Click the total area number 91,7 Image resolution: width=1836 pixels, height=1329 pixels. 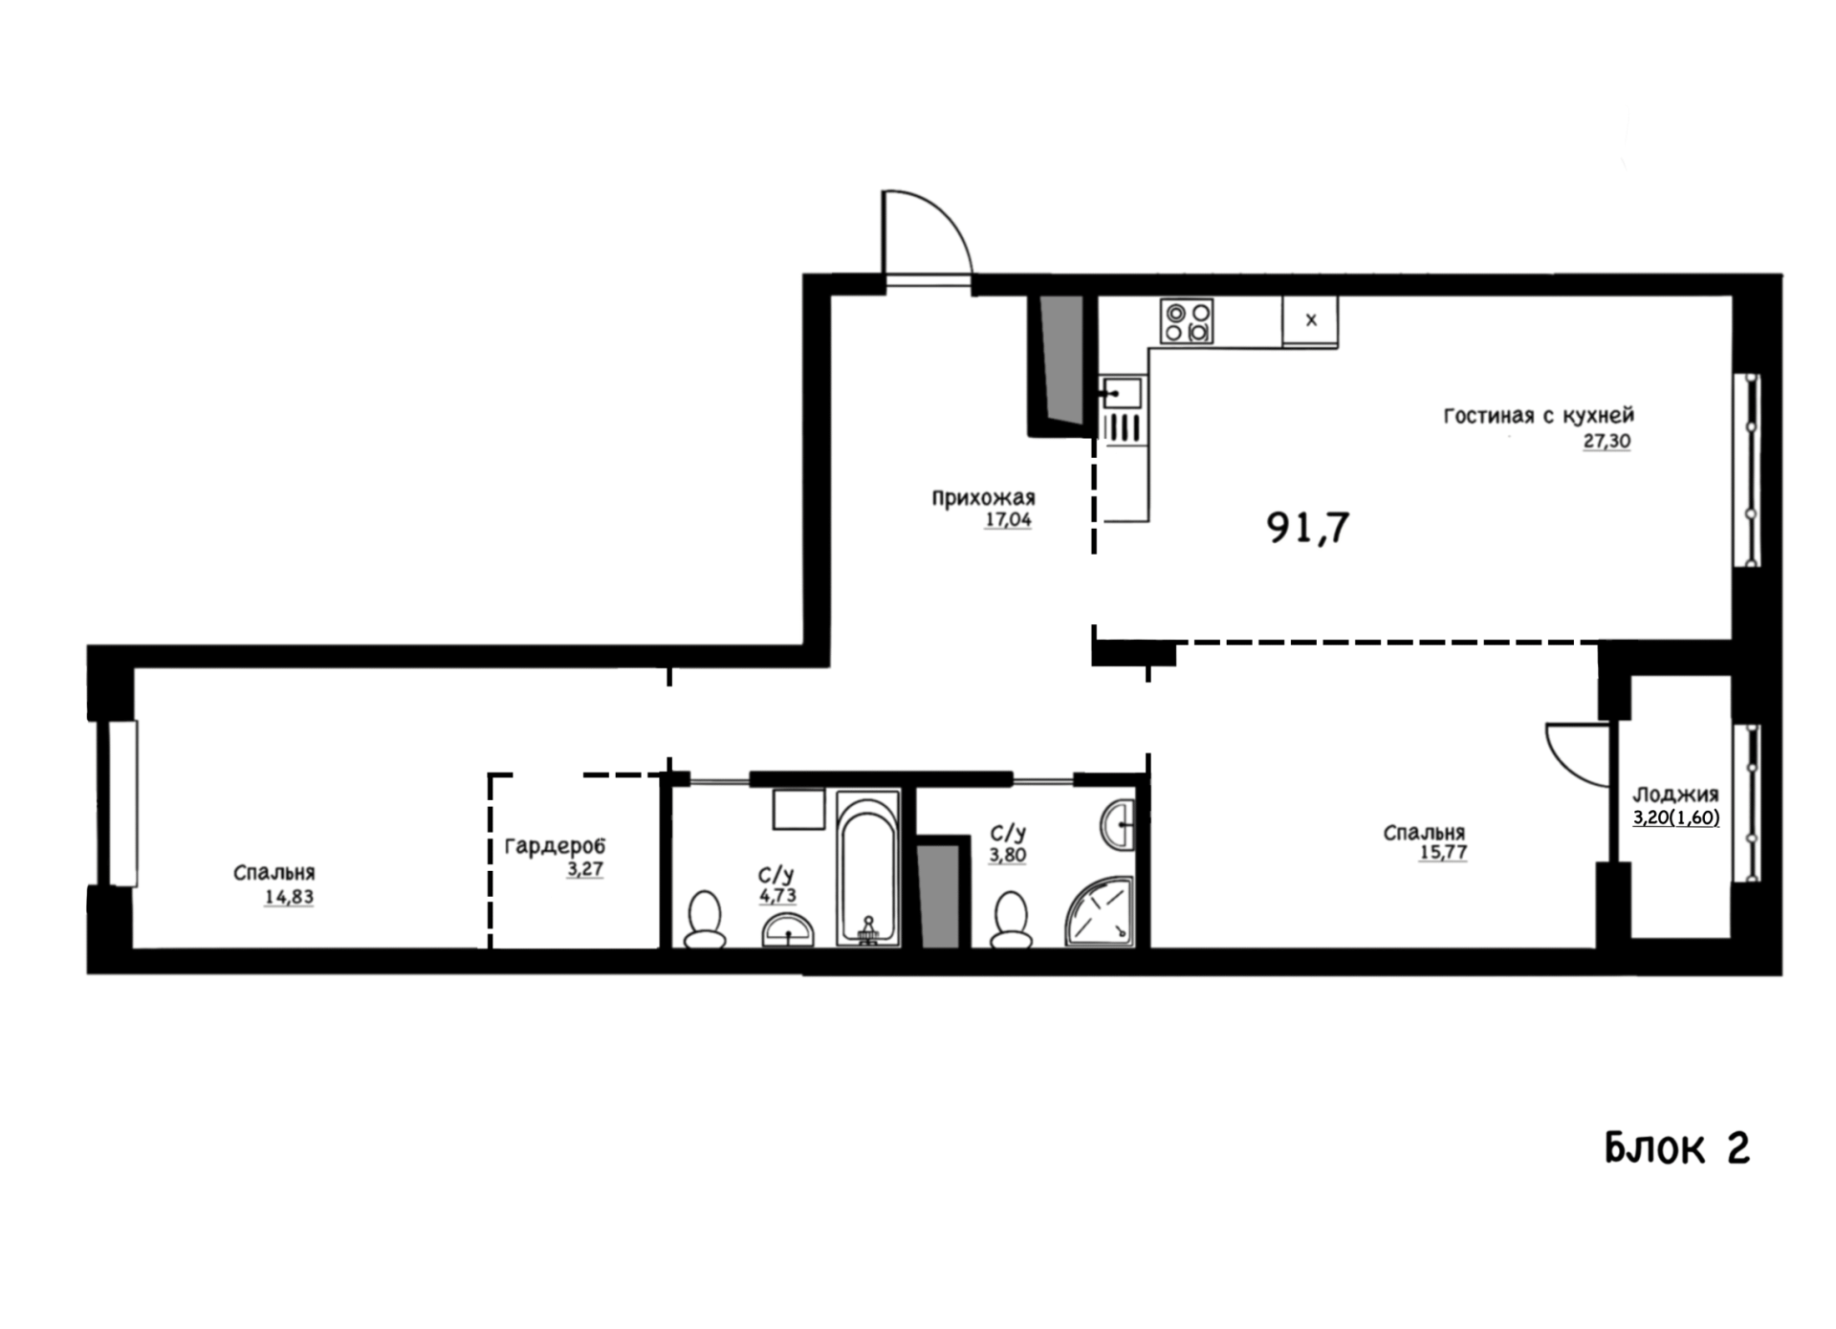coord(1308,527)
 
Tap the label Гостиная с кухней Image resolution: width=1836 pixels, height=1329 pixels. coord(1539,416)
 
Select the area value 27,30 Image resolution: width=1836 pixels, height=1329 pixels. coord(1606,442)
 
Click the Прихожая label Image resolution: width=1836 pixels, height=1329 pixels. coord(983,498)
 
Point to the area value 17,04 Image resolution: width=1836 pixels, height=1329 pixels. coord(1008,520)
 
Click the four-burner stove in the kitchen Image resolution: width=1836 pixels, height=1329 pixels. coord(1187,321)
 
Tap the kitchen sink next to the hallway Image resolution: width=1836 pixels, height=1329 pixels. coord(1122,393)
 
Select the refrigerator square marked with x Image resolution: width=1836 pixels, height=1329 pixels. coord(1310,320)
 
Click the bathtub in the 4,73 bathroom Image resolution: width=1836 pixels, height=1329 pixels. coord(868,868)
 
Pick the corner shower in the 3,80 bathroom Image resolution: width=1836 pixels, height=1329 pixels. coord(1101,912)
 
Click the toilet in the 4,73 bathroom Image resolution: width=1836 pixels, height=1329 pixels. coord(706,920)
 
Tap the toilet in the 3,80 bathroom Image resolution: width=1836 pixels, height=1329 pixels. coord(1011,920)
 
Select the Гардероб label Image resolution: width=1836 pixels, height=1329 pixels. coord(555,847)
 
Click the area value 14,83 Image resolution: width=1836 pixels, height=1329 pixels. coord(289,897)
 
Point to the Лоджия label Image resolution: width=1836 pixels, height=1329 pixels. coord(1675,795)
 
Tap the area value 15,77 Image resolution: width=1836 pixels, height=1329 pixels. coord(1443,852)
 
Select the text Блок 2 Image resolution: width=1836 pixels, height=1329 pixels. coord(1677,1147)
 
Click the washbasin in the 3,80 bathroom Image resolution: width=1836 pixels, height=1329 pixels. coord(1118,824)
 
